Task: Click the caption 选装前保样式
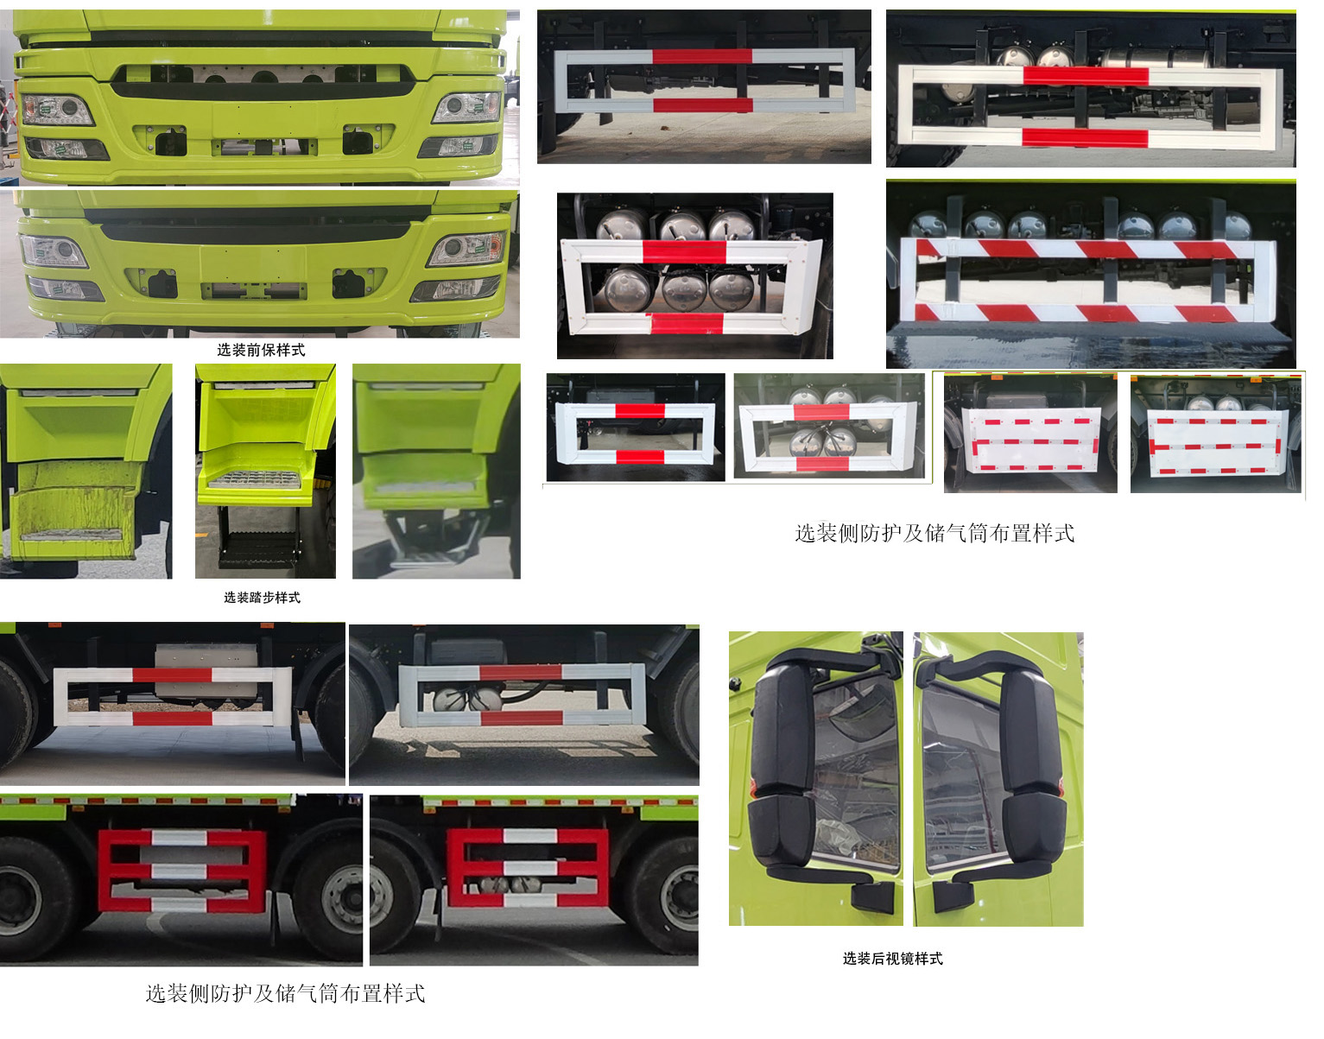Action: [x=261, y=350]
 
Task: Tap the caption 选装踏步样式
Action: [x=262, y=598]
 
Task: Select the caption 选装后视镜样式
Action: [x=893, y=959]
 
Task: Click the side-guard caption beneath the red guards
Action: [x=285, y=993]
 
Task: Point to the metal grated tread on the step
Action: [x=256, y=478]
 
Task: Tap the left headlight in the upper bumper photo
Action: [x=57, y=110]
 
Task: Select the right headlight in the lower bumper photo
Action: [x=466, y=250]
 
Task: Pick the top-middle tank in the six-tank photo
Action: [x=682, y=225]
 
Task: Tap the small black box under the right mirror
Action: [x=953, y=896]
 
